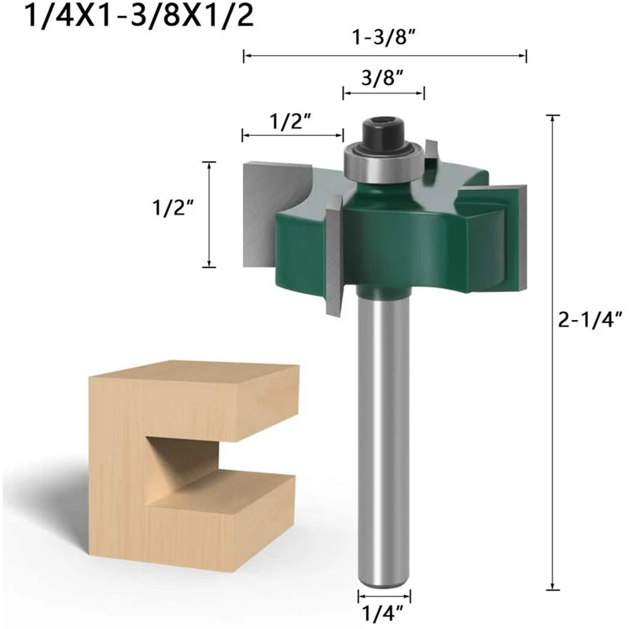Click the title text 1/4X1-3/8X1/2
click(x=130, y=17)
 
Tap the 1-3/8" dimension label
click(x=384, y=36)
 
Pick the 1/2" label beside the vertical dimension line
click(x=172, y=208)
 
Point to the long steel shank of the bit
click(x=384, y=440)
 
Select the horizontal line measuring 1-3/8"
click(x=384, y=55)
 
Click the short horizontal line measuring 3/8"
click(x=384, y=93)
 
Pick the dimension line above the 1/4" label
click(x=384, y=595)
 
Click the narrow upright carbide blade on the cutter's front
click(x=333, y=252)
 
